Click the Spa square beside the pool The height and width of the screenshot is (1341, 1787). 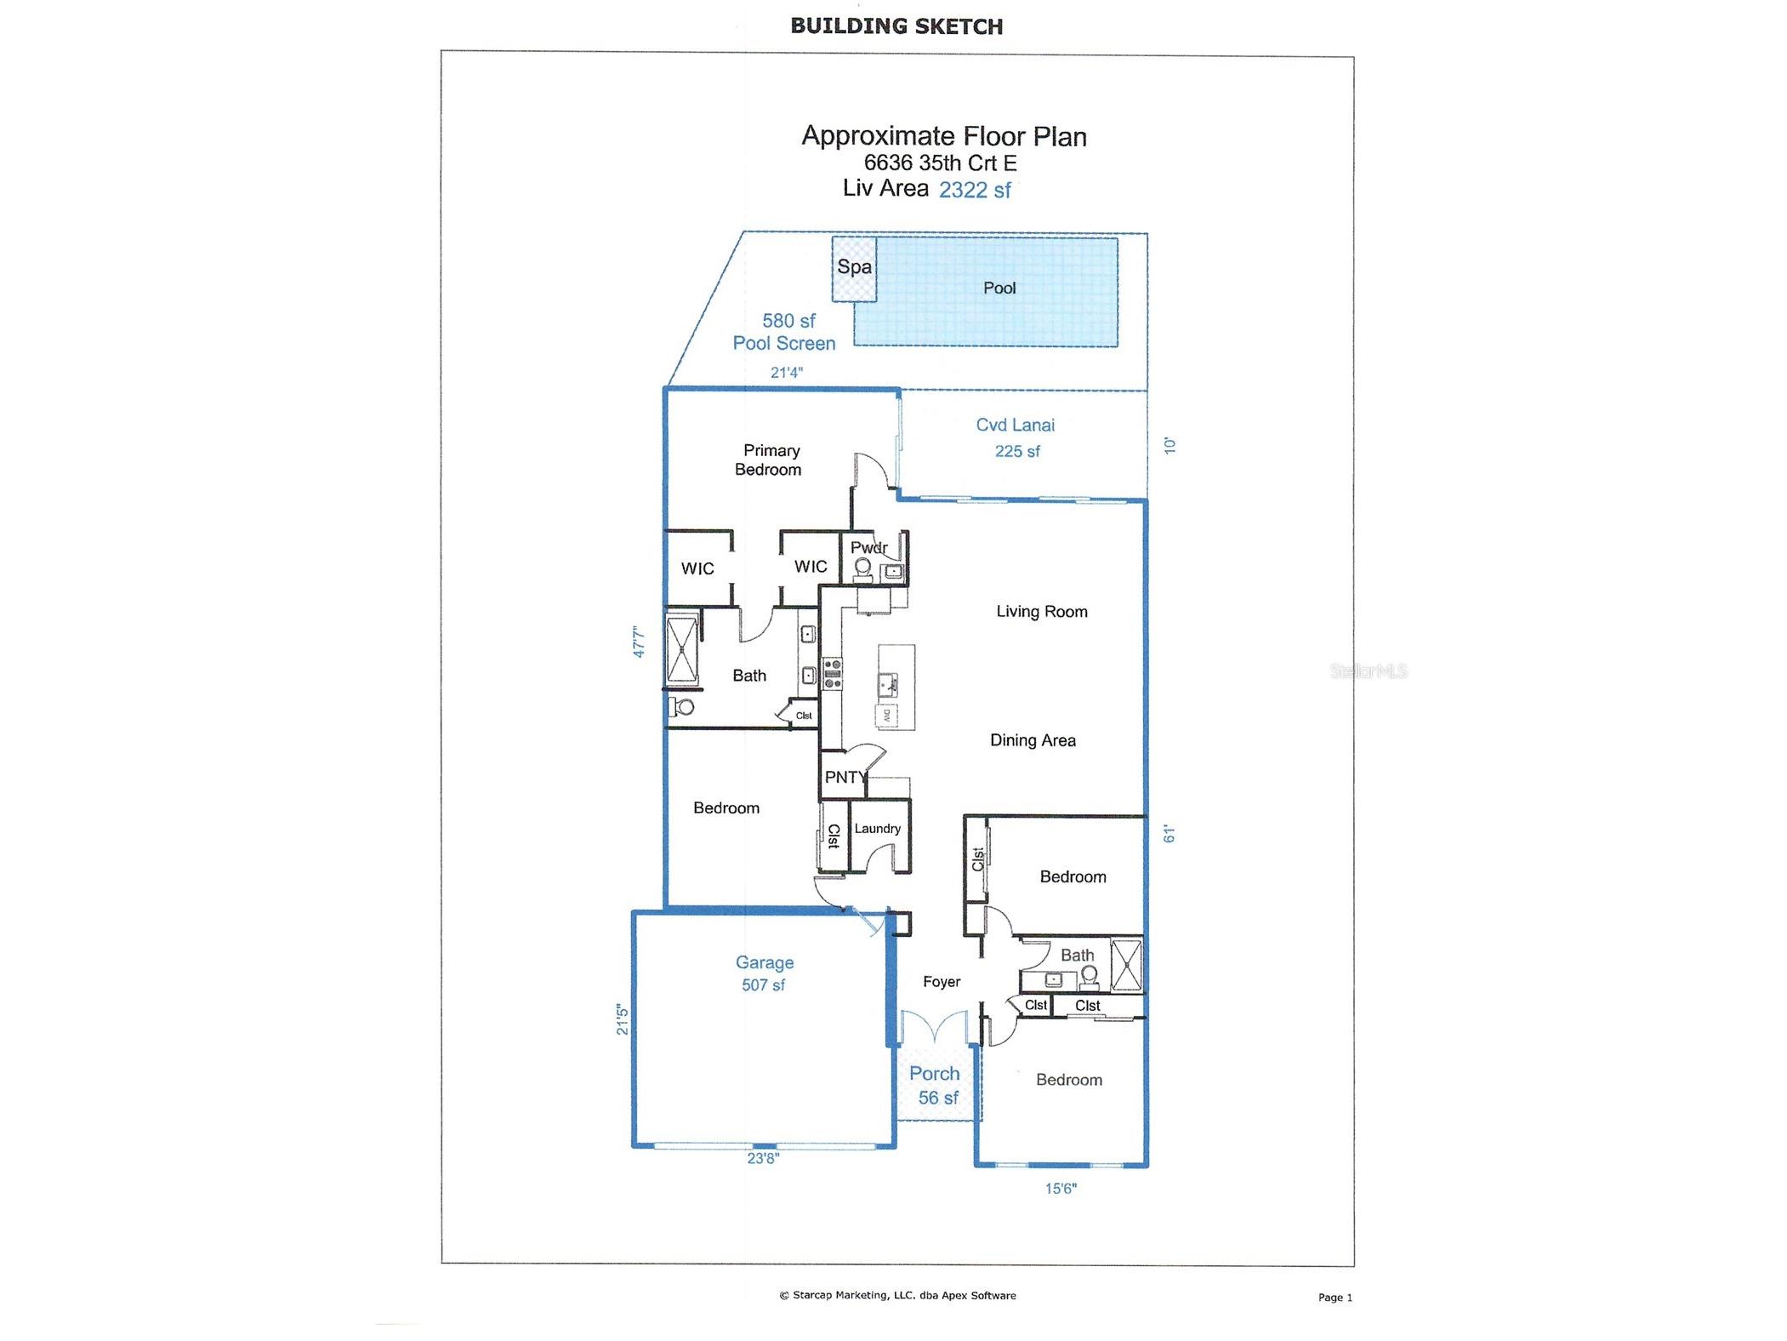point(853,268)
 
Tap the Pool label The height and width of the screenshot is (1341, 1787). point(999,288)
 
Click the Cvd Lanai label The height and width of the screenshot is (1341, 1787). point(1015,425)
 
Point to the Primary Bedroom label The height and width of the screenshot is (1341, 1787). point(769,459)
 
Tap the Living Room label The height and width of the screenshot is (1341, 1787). point(1041,611)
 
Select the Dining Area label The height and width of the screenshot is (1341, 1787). point(1032,740)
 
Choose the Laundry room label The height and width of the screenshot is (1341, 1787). point(877,828)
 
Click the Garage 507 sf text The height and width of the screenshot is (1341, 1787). point(764,973)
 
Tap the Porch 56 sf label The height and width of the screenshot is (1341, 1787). point(935,1085)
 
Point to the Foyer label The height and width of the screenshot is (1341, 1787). point(941,981)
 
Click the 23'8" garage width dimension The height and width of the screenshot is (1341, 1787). point(762,1157)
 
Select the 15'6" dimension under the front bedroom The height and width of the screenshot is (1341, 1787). point(1060,1188)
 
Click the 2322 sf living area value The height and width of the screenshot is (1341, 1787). point(974,190)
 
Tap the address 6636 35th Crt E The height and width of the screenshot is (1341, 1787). point(940,163)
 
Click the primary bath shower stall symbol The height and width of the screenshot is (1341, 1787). point(682,650)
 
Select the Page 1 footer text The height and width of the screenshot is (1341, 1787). point(1334,1297)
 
